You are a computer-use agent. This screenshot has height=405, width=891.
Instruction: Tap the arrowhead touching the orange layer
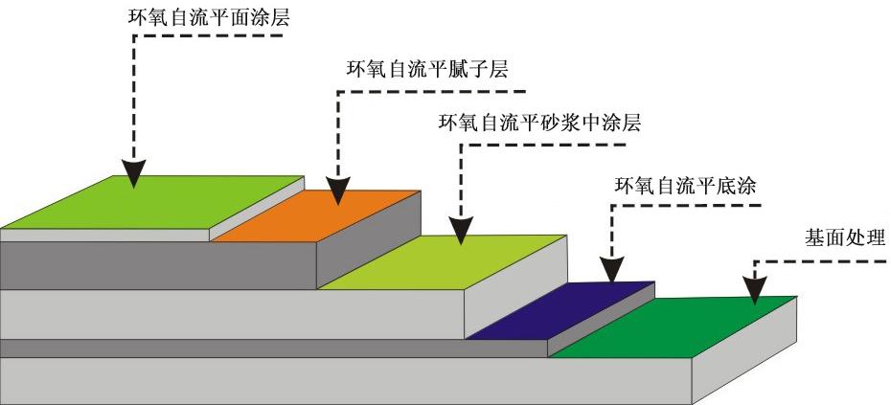(x=337, y=191)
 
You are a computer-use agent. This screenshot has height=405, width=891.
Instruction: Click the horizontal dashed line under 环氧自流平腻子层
(x=431, y=92)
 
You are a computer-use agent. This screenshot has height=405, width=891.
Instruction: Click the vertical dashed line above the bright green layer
(x=134, y=96)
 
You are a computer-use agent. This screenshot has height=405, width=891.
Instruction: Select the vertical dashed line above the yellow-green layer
(x=461, y=182)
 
